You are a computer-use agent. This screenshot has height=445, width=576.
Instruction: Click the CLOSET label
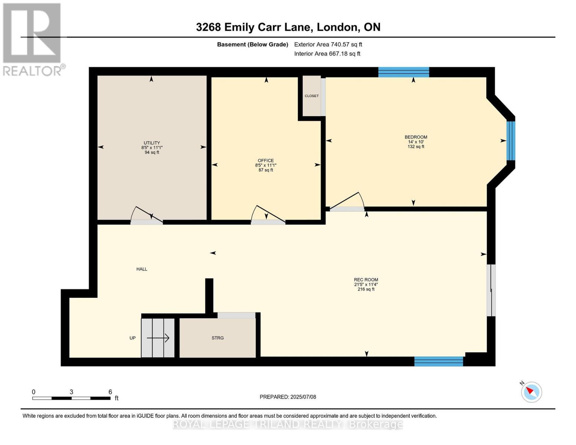[312, 96]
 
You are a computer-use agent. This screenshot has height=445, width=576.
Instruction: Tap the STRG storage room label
[218, 338]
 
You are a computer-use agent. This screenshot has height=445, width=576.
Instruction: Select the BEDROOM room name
[416, 137]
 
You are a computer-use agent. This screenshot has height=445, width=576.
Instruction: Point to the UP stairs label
[132, 338]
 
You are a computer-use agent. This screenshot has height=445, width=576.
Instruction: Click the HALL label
[142, 269]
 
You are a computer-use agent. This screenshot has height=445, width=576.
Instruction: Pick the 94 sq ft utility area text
[152, 152]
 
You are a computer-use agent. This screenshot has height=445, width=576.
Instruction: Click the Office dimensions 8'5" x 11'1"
[266, 165]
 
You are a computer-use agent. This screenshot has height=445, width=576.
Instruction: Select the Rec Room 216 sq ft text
[366, 289]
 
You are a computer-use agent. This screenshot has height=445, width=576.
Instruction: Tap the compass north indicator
[531, 392]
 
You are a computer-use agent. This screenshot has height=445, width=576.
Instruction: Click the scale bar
[71, 398]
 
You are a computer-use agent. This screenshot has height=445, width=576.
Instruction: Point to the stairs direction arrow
[158, 338]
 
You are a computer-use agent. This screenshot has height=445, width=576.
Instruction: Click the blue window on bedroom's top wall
[404, 72]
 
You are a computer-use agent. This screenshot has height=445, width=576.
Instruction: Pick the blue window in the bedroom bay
[511, 141]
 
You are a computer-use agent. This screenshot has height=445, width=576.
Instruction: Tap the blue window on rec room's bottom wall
[438, 361]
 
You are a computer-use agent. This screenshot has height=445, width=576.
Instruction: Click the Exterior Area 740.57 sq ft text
[328, 44]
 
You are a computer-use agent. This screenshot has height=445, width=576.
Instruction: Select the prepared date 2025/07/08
[288, 397]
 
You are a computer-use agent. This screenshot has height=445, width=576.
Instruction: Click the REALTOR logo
[32, 39]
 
